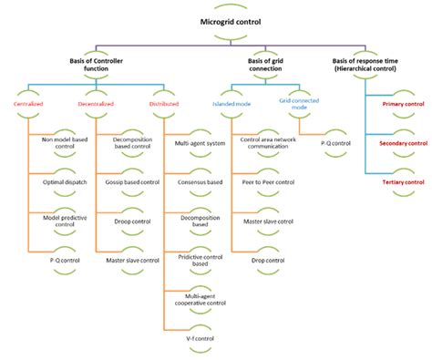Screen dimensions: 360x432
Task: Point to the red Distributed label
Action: (163, 104)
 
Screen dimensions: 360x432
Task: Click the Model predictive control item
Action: (66, 221)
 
